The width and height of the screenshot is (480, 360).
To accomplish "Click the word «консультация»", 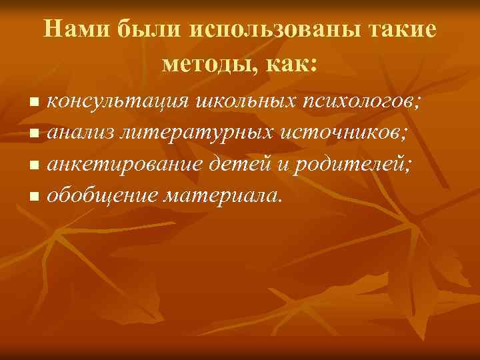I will [x=121, y=102].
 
